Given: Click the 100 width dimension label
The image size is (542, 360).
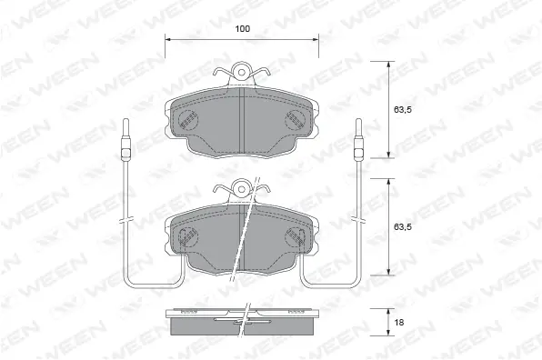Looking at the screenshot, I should click(x=242, y=29).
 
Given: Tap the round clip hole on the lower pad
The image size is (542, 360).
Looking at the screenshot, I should click(x=242, y=188).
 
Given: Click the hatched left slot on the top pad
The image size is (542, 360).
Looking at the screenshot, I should click(x=187, y=118).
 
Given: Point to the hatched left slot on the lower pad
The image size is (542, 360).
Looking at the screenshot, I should click(x=186, y=236).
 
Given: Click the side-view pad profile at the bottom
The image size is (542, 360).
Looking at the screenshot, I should click(x=242, y=320).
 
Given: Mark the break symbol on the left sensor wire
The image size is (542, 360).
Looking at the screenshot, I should click(x=127, y=221).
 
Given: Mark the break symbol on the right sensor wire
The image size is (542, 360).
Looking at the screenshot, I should click(x=359, y=221).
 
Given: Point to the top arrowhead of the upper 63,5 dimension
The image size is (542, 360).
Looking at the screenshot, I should click(x=389, y=60).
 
